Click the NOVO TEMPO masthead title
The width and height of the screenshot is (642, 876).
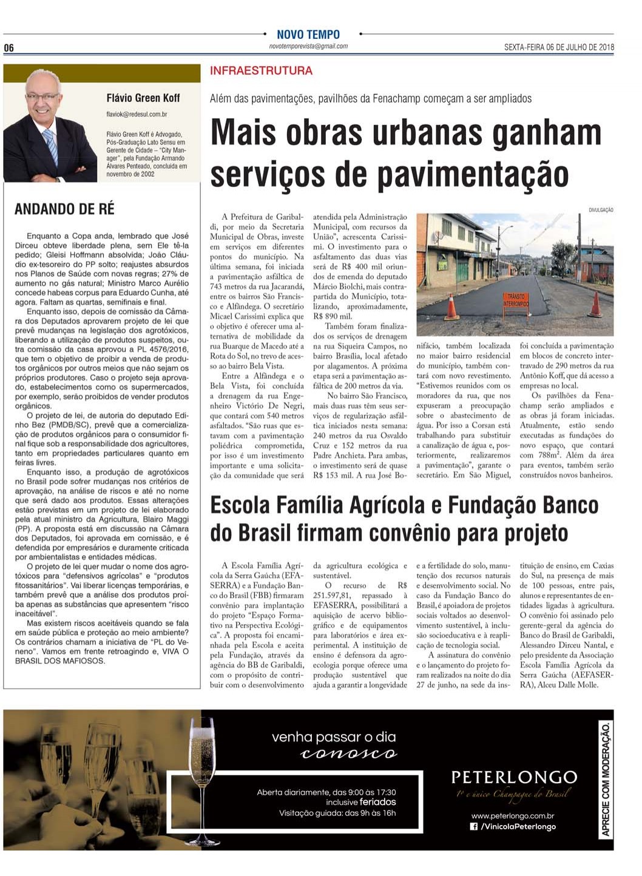coord(308,35)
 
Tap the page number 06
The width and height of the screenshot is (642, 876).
coord(9,49)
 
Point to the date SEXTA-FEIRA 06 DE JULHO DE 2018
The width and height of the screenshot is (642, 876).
coord(558,47)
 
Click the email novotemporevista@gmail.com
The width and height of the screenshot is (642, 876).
coord(308,46)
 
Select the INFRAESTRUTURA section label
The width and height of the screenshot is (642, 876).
coord(261,71)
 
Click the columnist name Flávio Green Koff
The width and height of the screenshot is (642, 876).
coord(143,98)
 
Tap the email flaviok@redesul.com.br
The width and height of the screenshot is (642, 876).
coord(137,114)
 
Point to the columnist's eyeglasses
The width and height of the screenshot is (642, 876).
coord(42,98)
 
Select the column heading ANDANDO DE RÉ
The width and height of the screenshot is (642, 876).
coord(64,209)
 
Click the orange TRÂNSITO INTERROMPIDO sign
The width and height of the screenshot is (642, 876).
coord(515,300)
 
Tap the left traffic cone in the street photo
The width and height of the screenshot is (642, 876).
coord(451,307)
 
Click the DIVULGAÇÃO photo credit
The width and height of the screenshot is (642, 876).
coord(600,210)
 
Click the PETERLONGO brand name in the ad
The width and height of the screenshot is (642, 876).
coord(514,777)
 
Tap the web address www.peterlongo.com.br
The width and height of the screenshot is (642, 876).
coord(513,816)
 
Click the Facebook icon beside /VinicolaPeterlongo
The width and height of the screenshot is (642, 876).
coord(474,826)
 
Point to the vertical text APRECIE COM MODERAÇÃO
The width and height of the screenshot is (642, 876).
coord(605,779)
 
